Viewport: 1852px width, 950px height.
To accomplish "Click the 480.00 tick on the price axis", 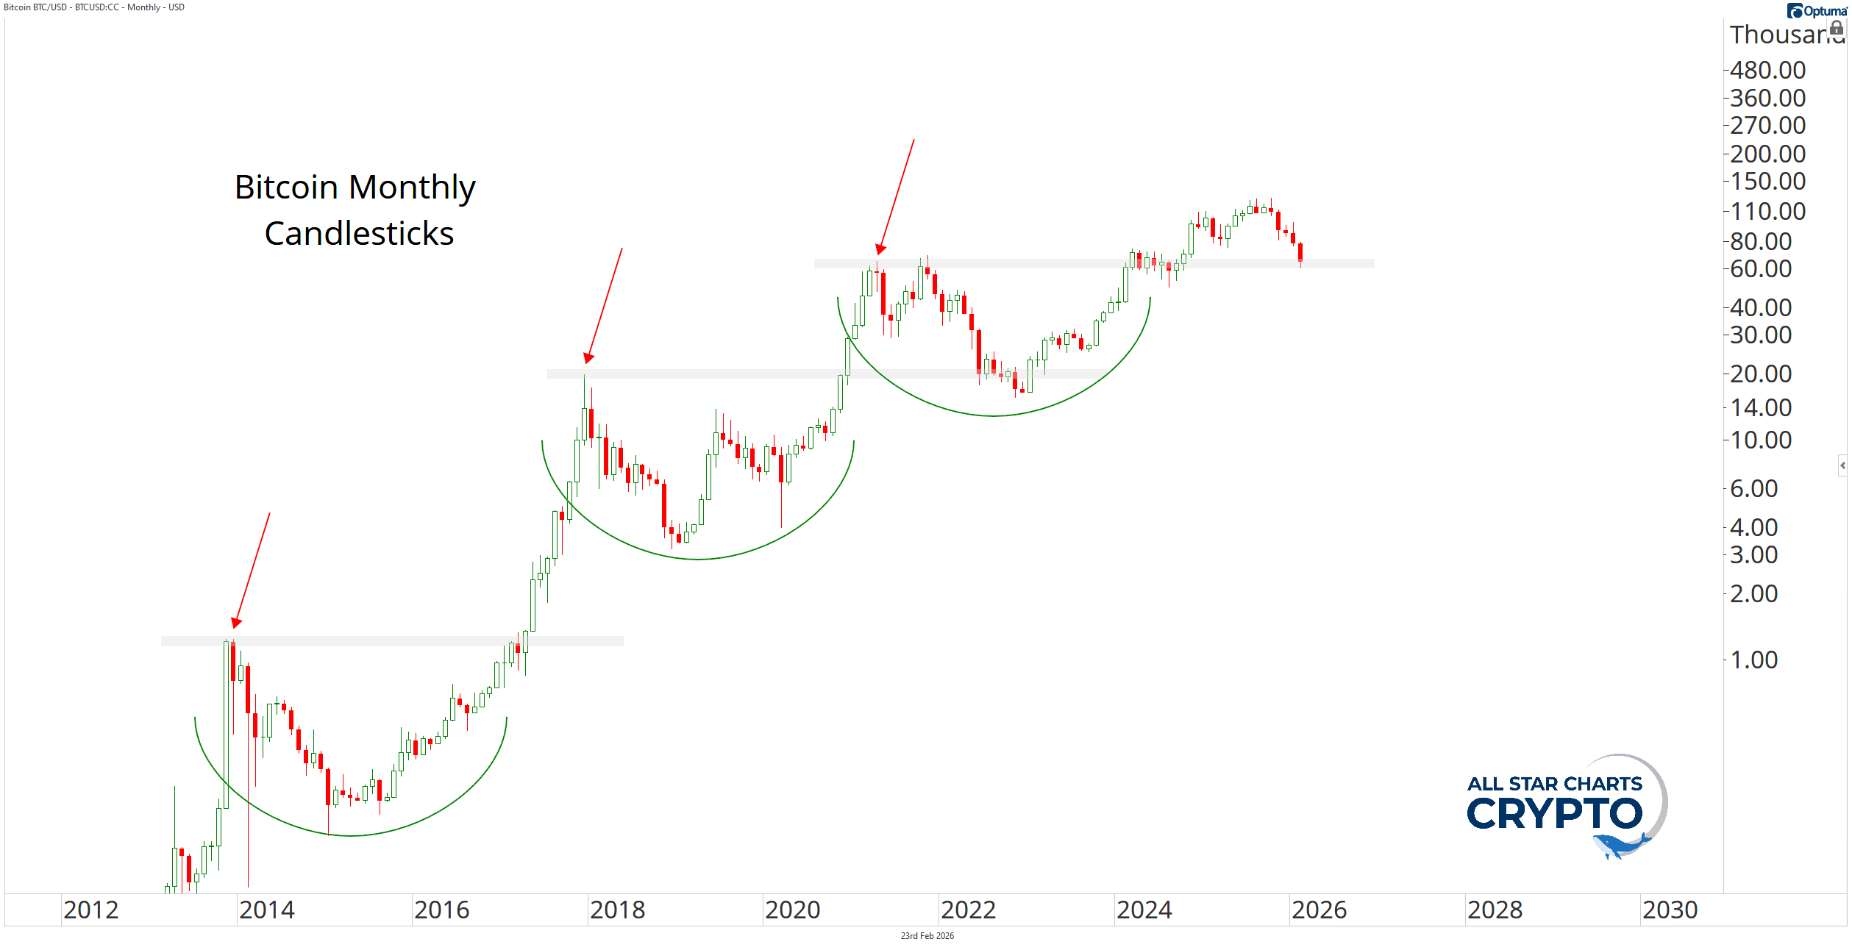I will tap(1767, 71).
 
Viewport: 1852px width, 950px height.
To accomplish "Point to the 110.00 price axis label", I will tap(1767, 212).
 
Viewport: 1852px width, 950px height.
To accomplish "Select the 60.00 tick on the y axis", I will tap(1760, 269).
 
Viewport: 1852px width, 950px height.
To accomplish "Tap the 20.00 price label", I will tap(1760, 374).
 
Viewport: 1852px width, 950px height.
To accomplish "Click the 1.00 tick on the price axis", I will tap(1753, 660).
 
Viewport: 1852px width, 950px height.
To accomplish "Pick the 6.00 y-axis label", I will tap(1753, 489).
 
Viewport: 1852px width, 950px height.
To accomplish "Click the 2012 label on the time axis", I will tap(90, 910).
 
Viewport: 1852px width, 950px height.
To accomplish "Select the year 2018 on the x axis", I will tap(617, 910).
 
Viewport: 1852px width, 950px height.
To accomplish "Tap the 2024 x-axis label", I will tap(1144, 910).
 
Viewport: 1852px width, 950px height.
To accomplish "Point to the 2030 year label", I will tap(1670, 910).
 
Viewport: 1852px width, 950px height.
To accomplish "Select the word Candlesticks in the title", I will tap(359, 234).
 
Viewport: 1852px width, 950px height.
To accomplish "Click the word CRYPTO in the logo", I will tap(1554, 814).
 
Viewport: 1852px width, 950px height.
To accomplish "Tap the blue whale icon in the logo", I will tap(1621, 846).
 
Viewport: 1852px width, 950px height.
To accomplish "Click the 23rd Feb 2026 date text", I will tap(927, 936).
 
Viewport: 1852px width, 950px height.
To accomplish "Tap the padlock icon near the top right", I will tap(1837, 28).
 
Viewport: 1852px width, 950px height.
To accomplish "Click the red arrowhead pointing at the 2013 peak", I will tap(236, 623).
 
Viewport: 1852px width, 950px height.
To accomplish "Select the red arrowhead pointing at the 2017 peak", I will tap(588, 358).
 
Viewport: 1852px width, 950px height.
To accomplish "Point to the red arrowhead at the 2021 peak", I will tap(880, 249).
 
